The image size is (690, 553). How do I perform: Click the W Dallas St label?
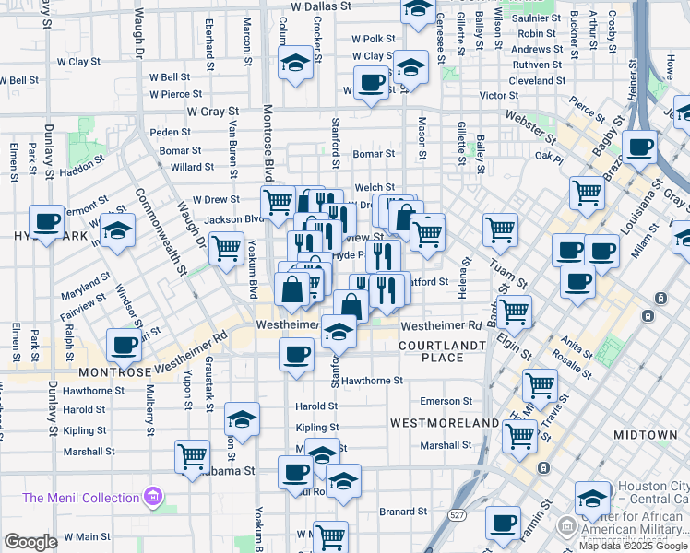[321, 6]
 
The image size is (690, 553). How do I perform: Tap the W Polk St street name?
[374, 40]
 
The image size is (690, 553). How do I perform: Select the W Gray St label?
[213, 111]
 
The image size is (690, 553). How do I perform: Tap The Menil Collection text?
[80, 498]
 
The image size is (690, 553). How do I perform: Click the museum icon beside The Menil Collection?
[153, 499]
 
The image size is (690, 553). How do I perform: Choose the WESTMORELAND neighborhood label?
[444, 422]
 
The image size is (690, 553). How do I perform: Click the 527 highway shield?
[458, 512]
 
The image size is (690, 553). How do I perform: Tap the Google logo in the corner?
[31, 542]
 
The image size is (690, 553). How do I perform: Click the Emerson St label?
[446, 401]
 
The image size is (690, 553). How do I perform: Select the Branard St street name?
[399, 511]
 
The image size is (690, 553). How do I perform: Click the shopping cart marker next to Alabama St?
[193, 455]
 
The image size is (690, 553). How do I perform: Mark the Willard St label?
[193, 168]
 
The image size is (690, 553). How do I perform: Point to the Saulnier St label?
[538, 18]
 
